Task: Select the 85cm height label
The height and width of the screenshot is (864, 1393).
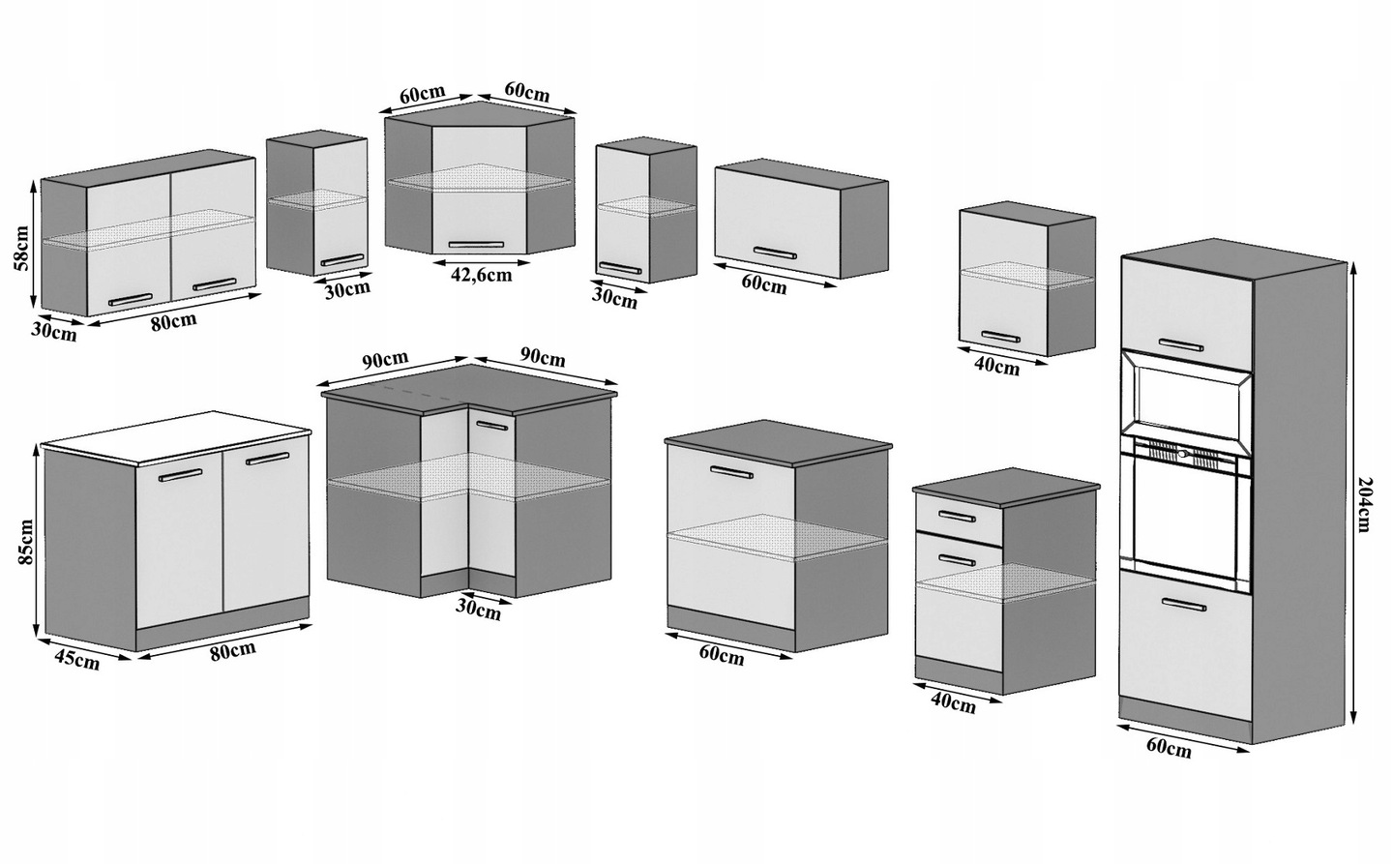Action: (x=26, y=542)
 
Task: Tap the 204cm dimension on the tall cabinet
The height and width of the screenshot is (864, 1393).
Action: (x=1364, y=503)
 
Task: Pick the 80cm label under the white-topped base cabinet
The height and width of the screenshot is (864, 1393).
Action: (x=232, y=649)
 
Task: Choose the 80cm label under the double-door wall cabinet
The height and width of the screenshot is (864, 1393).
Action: (x=173, y=319)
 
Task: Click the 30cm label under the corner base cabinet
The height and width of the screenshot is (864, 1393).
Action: (x=480, y=610)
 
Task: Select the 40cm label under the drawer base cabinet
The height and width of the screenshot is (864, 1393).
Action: (x=952, y=702)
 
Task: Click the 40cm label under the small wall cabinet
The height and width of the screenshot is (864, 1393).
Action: (x=996, y=367)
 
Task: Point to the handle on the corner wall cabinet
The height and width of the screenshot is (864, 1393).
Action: (x=476, y=244)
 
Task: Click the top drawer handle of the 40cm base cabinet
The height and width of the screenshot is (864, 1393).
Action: (x=956, y=515)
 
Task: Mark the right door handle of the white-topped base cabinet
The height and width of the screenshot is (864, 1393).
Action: (x=267, y=459)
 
